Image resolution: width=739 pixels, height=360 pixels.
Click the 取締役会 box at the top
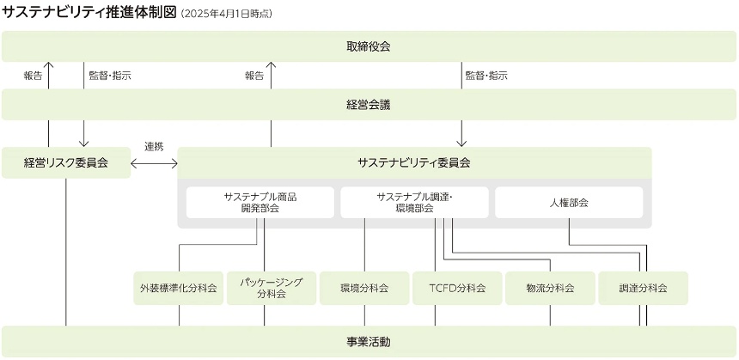(x=369, y=46)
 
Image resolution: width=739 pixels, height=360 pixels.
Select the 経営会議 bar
(x=369, y=105)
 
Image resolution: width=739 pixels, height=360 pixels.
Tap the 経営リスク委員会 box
(x=66, y=162)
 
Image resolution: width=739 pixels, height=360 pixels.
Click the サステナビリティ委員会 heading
(x=414, y=162)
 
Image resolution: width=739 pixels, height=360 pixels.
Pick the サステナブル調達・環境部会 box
(x=414, y=203)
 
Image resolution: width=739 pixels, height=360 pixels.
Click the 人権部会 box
(x=569, y=203)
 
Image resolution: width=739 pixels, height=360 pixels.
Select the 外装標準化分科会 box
(x=179, y=288)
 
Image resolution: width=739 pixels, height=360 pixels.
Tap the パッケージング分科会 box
(x=271, y=288)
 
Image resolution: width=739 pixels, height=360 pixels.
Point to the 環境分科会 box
(x=364, y=288)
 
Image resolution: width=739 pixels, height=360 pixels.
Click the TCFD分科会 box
(x=457, y=288)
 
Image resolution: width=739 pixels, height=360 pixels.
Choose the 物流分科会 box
(x=550, y=288)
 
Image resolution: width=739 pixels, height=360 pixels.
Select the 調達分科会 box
(x=643, y=288)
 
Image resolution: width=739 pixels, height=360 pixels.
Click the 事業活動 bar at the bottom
(x=369, y=342)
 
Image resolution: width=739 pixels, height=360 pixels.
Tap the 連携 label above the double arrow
(x=154, y=146)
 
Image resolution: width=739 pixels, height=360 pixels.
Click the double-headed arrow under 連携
(x=154, y=162)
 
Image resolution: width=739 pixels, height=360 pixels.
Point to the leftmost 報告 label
(x=34, y=76)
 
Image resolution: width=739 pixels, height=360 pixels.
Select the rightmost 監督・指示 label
(x=486, y=76)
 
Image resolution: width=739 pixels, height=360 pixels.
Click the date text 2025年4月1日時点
(x=227, y=14)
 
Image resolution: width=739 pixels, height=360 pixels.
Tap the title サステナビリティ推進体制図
(x=89, y=12)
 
